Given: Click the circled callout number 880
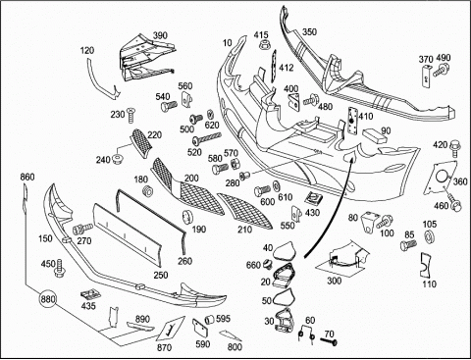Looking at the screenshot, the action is pyautogui.click(x=48, y=299).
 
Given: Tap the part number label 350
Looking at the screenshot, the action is pyautogui.click(x=309, y=31).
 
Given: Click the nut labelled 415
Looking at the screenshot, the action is pyautogui.click(x=263, y=44).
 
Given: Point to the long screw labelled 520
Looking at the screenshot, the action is pyautogui.click(x=207, y=138).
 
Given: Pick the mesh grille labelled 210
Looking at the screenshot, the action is pyautogui.click(x=244, y=211).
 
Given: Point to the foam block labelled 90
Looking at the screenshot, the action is pyautogui.click(x=374, y=135).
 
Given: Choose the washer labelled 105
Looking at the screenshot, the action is pyautogui.click(x=428, y=237).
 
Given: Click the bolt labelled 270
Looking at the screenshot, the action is pyautogui.click(x=82, y=229).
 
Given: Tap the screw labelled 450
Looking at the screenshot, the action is pyautogui.click(x=60, y=268).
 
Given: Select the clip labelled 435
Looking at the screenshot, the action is pyautogui.click(x=90, y=294).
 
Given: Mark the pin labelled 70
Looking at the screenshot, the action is pyautogui.click(x=329, y=342).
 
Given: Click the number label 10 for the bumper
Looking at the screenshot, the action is pyautogui.click(x=228, y=42).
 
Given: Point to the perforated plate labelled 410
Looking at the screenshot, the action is pyautogui.click(x=352, y=121).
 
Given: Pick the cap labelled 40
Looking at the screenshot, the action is pyautogui.click(x=284, y=251).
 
